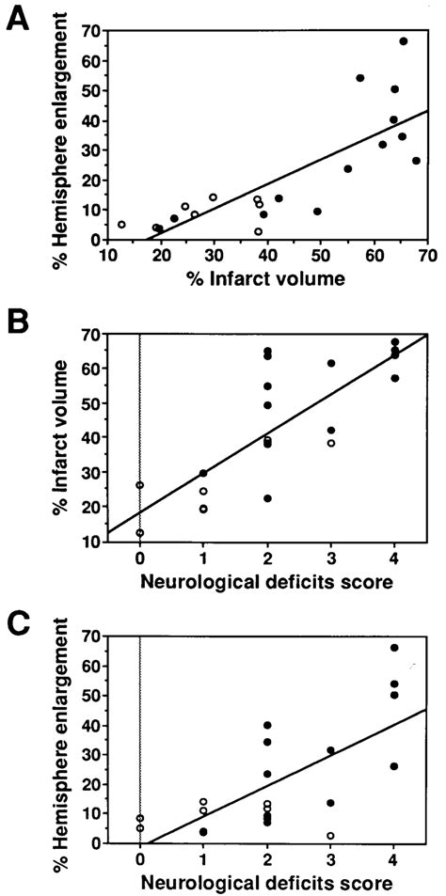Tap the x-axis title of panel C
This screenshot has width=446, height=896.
point(267,882)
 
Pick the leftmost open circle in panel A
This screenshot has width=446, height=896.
point(121,225)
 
